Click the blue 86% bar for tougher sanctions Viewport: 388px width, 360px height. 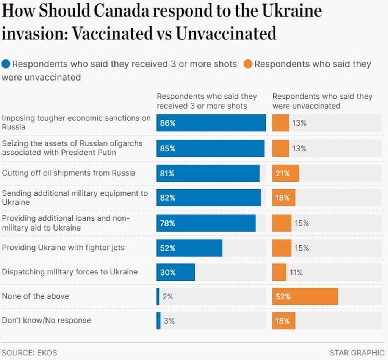[x=211, y=123]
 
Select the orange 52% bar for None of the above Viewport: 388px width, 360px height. [x=305, y=296]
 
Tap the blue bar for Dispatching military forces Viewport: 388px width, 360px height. [x=175, y=272]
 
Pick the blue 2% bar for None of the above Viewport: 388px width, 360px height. [x=158, y=296]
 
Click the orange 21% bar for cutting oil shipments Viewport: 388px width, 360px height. [x=285, y=173]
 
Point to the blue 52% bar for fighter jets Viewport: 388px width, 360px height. [x=189, y=248]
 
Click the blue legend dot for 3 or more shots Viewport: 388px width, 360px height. [x=6, y=64]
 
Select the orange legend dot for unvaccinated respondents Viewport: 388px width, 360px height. [x=248, y=64]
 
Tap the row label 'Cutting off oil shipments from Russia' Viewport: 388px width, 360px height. [x=69, y=173]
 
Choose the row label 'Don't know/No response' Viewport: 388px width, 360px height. [x=47, y=320]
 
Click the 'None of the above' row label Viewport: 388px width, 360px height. [x=36, y=296]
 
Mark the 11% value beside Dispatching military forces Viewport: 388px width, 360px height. [x=296, y=272]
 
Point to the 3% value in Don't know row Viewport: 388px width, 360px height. [x=169, y=321]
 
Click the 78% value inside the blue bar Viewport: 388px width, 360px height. [x=167, y=223]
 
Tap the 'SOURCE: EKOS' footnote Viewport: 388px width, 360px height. [x=30, y=352]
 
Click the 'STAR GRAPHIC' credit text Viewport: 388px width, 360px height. [x=357, y=352]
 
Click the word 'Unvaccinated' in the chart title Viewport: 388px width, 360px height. [x=226, y=33]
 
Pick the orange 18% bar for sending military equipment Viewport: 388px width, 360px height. [x=283, y=198]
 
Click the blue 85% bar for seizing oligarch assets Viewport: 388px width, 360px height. [x=210, y=148]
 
